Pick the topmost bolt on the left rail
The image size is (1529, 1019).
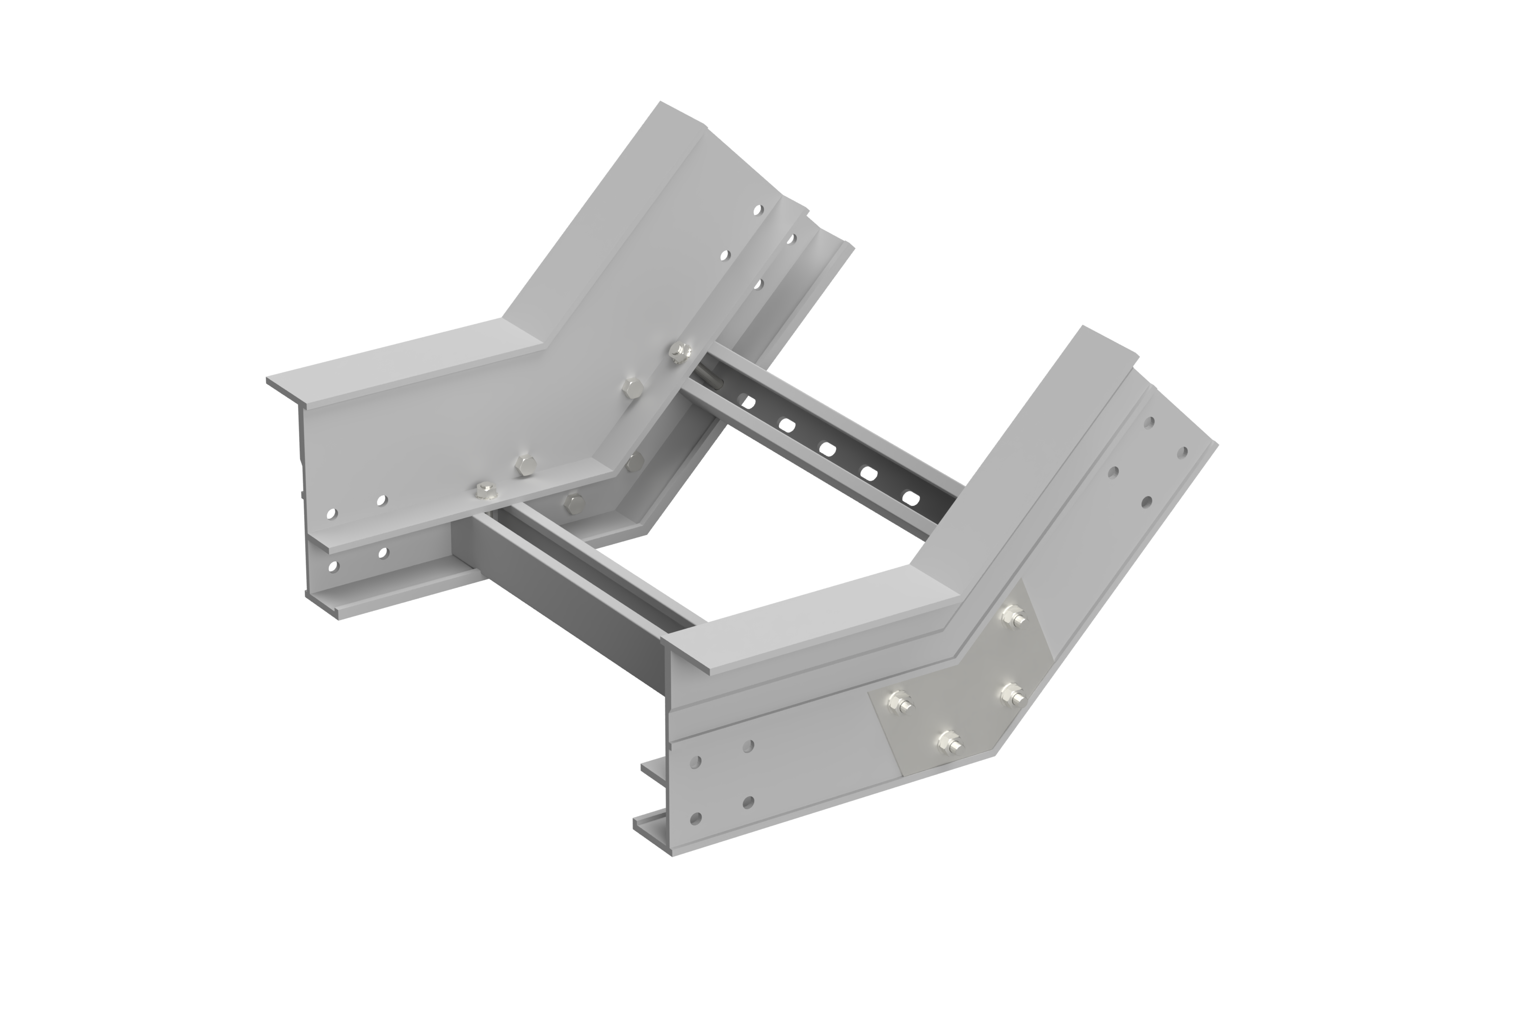pos(679,352)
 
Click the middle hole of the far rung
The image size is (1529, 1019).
pos(826,446)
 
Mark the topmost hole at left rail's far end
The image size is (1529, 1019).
pos(760,209)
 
